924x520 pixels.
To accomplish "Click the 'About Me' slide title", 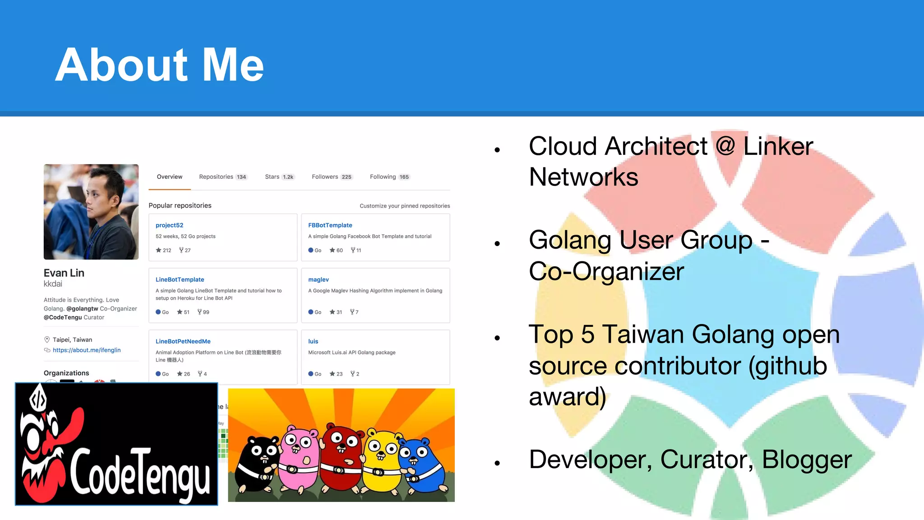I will click(x=159, y=65).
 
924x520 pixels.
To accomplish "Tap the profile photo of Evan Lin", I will click(x=91, y=212).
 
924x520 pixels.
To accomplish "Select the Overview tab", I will click(x=170, y=177).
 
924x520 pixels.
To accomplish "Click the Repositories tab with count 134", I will click(x=223, y=177).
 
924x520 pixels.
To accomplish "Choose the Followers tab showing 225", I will click(x=332, y=177).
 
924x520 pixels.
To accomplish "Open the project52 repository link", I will click(x=170, y=225).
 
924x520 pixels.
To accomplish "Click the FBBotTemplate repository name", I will click(x=330, y=225).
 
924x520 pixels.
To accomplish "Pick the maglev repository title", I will click(x=319, y=280).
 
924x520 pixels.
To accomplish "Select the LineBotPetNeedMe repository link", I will click(x=183, y=342).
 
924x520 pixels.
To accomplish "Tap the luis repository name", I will click(x=313, y=342).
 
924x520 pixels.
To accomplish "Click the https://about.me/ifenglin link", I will click(x=87, y=350).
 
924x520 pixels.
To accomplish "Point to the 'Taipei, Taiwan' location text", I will click(x=72, y=340).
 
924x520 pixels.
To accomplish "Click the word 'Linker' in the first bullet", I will click(x=778, y=147).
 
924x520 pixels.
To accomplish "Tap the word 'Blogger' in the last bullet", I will click(x=807, y=460).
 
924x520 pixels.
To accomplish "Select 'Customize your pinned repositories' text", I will click(x=405, y=206).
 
